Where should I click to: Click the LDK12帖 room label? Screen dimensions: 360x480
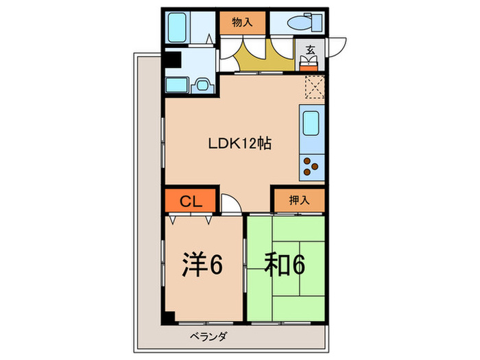[x=240, y=144]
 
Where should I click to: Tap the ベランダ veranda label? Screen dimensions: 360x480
[x=209, y=337]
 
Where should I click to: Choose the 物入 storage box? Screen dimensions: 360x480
[x=243, y=22]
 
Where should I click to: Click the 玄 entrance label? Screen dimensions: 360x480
[x=310, y=49]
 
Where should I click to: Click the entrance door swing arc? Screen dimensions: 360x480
[x=337, y=47]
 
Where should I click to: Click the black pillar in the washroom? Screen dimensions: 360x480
[x=171, y=60]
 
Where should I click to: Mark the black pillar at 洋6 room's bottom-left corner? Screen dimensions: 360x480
[x=169, y=318]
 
